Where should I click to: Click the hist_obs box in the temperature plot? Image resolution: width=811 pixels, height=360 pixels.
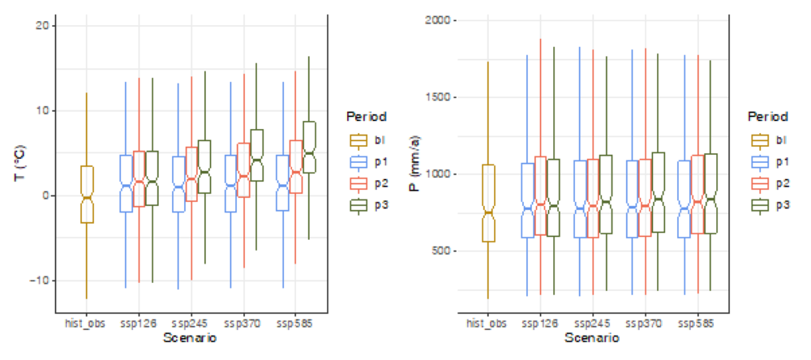[87, 195]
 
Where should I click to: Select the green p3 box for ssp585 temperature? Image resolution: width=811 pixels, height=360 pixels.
[310, 147]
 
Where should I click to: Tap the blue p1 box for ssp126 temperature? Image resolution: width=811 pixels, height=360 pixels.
[126, 183]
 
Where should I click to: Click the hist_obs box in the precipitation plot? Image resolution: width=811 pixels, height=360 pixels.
[488, 203]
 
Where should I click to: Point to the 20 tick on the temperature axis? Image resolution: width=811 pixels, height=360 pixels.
[44, 25]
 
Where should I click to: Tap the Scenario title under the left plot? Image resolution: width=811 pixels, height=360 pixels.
[190, 339]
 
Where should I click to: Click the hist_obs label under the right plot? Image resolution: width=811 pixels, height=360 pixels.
[488, 324]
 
